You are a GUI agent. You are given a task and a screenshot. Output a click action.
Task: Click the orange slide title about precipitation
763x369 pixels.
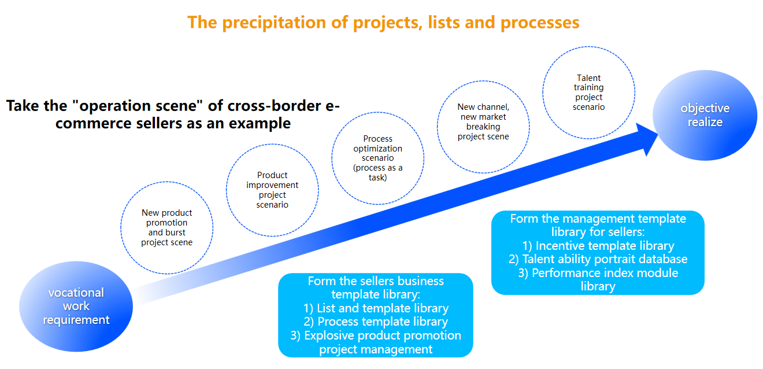tap(383, 23)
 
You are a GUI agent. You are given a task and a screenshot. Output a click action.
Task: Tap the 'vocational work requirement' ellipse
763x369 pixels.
tap(76, 306)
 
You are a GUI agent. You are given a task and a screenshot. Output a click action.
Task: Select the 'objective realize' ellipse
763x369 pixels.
tap(705, 115)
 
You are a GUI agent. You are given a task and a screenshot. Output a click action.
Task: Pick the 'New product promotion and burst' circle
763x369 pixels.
tap(167, 227)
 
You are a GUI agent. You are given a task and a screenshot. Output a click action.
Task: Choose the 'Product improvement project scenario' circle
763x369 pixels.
tap(272, 190)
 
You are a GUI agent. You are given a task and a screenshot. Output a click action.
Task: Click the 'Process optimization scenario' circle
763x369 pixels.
tap(378, 158)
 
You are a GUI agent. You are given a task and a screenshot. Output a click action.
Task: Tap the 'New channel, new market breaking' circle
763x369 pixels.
tap(483, 121)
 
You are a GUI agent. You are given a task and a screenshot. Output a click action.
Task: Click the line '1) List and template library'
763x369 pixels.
tap(376, 308)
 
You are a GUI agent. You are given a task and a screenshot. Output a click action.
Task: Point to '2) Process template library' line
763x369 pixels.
tap(376, 322)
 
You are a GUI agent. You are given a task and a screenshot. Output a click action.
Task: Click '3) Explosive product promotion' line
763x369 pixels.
tap(376, 335)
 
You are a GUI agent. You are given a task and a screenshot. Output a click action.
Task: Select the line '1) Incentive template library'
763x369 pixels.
tap(598, 246)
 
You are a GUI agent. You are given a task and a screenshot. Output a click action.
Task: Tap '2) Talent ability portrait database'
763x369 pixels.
tap(598, 259)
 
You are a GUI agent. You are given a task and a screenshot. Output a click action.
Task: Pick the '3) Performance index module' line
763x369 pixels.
tap(598, 272)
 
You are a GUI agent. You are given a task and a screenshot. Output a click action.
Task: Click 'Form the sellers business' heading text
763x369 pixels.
tap(376, 281)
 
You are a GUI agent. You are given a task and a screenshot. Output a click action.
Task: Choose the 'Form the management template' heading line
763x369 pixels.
tap(598, 219)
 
